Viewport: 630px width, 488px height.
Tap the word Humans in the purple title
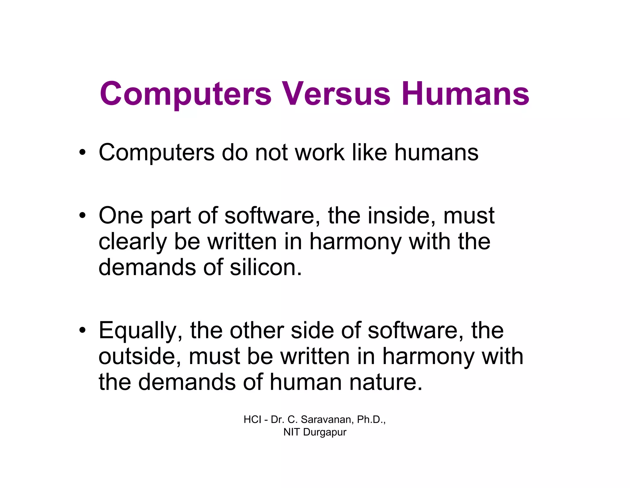[465, 94]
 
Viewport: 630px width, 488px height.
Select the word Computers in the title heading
[186, 94]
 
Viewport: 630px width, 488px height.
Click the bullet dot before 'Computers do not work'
[82, 153]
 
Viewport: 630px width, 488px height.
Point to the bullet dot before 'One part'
[82, 216]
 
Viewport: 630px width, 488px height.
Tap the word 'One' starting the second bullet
[121, 215]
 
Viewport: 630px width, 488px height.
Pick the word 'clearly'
[132, 242]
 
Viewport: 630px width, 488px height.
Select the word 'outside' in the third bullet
[139, 356]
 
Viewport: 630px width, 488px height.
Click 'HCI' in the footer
[252, 419]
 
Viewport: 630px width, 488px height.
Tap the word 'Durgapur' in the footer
[325, 432]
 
